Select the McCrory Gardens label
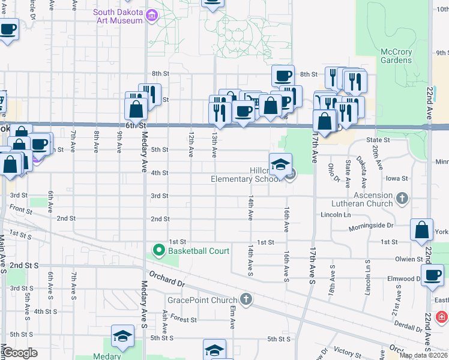tap(396, 56)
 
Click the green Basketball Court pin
tap(159, 250)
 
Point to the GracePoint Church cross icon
tap(245, 299)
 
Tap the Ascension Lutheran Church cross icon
tap(402, 197)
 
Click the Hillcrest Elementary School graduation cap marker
tap(280, 166)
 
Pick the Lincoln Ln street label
tap(336, 214)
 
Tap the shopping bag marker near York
tap(421, 230)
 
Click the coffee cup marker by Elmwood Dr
tap(432, 275)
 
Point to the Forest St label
tap(184, 320)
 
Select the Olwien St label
tap(409, 259)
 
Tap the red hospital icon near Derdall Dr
tap(442, 316)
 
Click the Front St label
tap(20, 209)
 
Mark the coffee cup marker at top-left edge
tap(8, 29)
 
